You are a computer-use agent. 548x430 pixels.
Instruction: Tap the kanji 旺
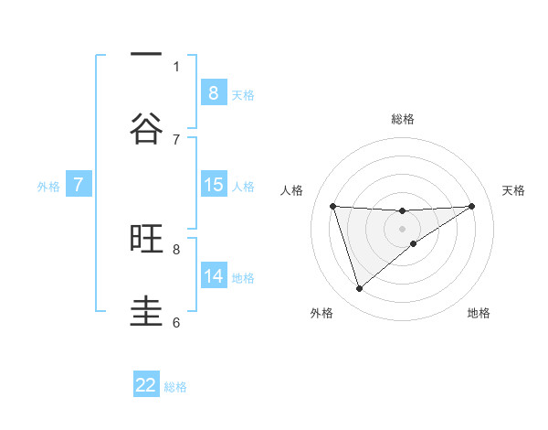pos(146,239)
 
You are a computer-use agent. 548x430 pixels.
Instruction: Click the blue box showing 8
pos(213,92)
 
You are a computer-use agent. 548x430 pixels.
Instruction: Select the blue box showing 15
pos(213,185)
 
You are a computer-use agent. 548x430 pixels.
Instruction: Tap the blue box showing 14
pos(213,276)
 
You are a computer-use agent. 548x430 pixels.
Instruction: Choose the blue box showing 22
pos(146,385)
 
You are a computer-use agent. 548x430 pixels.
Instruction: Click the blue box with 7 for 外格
pos(79,185)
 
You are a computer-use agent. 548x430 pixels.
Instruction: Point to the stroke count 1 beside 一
pos(176,66)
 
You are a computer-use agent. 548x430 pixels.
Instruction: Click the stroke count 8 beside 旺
pos(176,248)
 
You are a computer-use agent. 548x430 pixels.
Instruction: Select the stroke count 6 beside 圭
pos(176,322)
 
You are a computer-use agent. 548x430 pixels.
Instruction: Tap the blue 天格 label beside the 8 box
pos(243,94)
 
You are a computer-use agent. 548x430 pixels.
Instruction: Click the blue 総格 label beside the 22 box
pos(175,387)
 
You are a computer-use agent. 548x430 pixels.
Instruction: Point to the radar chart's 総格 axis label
pos(403,119)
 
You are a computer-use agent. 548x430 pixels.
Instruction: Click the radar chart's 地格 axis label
pos(479,313)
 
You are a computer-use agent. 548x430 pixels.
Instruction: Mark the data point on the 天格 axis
pos(471,206)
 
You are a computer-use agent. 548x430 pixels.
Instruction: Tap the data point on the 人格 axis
pos(333,206)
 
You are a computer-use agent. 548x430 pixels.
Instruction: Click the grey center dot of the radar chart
pos(403,228)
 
